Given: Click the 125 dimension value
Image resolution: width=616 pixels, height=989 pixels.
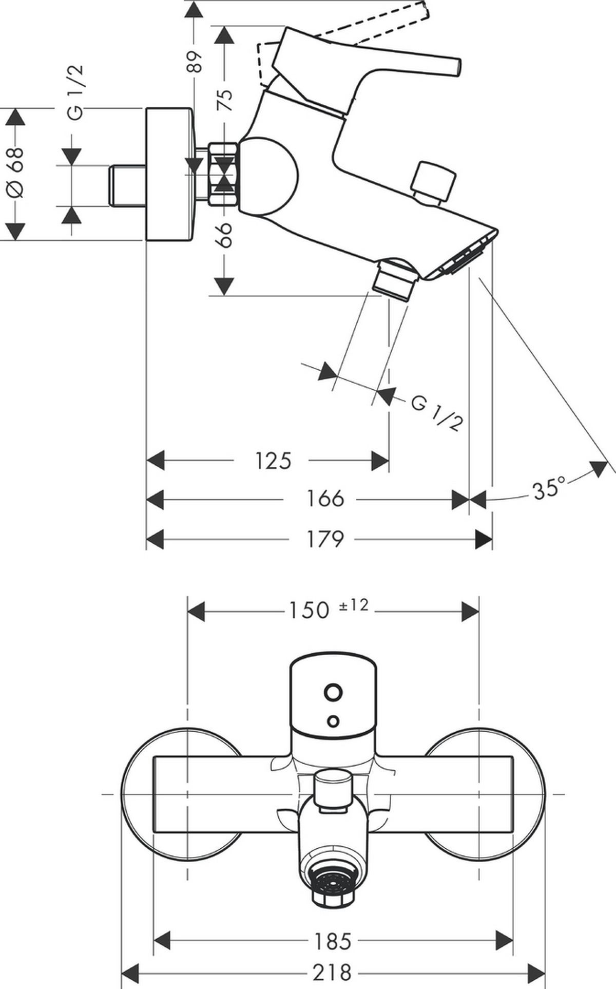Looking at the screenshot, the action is [x=273, y=461].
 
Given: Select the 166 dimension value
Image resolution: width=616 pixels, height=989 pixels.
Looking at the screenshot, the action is [x=325, y=499].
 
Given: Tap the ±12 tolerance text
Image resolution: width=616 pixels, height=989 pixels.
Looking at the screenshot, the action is [x=354, y=605].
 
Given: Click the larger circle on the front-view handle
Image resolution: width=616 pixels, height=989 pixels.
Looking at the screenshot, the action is [x=333, y=692].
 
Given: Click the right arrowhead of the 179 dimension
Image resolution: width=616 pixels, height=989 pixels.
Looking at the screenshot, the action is [x=484, y=539].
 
